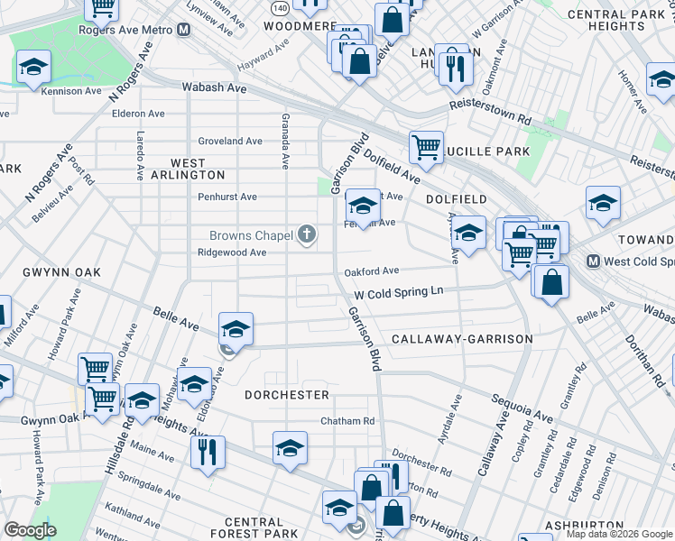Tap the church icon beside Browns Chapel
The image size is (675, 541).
tap(307, 235)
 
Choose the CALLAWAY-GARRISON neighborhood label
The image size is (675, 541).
tap(461, 339)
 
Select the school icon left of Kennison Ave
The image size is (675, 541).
tap(34, 67)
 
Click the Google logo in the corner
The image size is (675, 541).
tap(30, 530)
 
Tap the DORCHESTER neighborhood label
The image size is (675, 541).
tap(286, 395)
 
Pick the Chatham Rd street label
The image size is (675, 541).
tap(347, 421)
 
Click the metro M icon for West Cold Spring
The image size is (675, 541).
tap(594, 261)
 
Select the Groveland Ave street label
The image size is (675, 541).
tap(230, 141)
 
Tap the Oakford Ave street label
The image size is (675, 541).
tap(371, 270)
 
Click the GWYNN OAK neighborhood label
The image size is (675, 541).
tap(38, 271)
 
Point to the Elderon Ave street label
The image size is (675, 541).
tap(138, 114)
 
